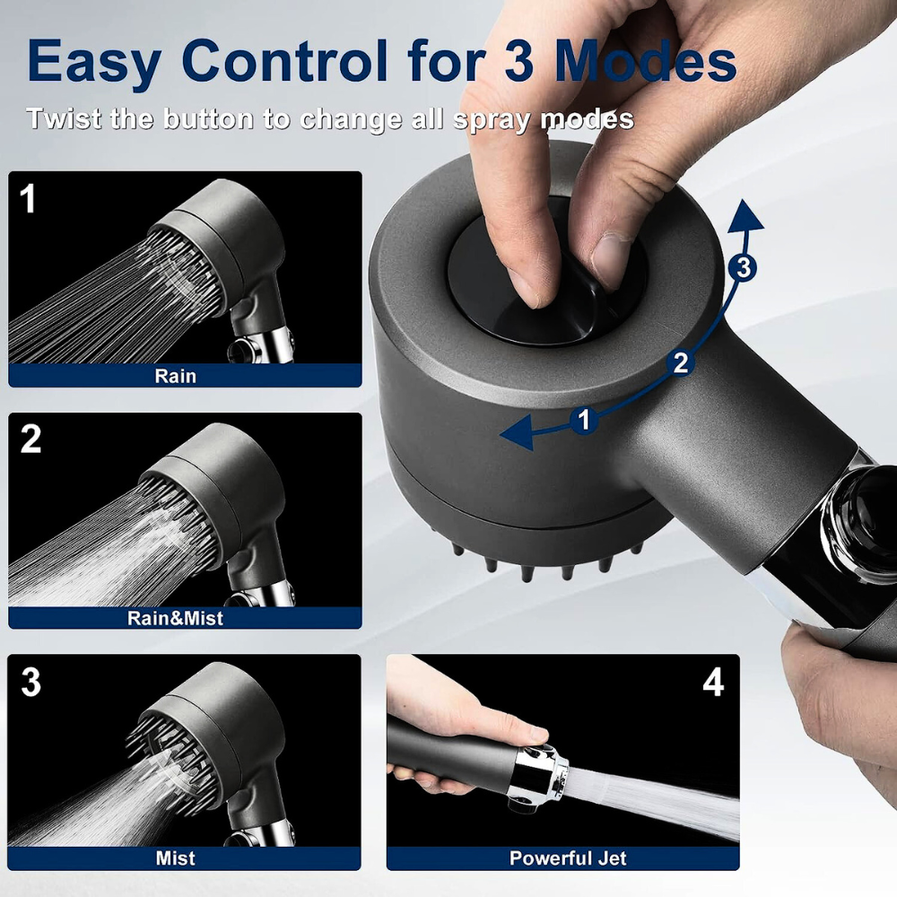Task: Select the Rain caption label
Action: pos(175,376)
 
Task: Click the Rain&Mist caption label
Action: pos(175,617)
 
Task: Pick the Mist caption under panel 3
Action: pos(175,858)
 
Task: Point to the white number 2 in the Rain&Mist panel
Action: pos(30,439)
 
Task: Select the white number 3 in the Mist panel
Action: pos(30,682)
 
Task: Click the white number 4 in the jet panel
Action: pos(713,683)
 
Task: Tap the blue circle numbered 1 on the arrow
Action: pos(585,419)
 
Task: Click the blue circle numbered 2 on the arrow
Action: pos(681,362)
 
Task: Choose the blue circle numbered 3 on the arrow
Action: pos(741,266)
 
